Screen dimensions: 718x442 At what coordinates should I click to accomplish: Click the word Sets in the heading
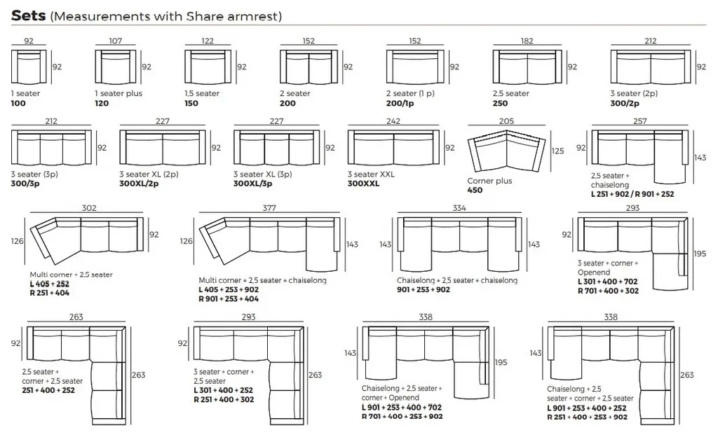click(x=28, y=15)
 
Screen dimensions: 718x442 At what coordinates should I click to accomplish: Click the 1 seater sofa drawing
click(x=29, y=67)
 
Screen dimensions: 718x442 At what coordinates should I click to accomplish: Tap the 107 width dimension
click(x=116, y=41)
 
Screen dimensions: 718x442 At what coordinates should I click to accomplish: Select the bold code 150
click(x=191, y=103)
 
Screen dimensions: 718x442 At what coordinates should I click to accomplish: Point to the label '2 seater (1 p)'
click(x=410, y=93)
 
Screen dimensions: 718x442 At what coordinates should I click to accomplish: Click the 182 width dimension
click(x=527, y=41)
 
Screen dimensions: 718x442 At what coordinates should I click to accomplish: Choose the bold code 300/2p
click(x=625, y=103)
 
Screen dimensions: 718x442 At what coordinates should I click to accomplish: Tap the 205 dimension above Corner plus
click(x=506, y=121)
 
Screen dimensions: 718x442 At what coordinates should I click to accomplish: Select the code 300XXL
click(x=364, y=184)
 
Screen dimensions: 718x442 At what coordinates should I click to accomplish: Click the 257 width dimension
click(x=639, y=121)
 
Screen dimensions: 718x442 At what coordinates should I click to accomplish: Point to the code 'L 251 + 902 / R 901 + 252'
click(x=632, y=194)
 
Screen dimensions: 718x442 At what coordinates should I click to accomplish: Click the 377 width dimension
click(x=269, y=208)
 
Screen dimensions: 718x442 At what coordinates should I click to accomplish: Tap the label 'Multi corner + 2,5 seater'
click(x=71, y=275)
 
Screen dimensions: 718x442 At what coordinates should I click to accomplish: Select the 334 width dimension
click(x=459, y=208)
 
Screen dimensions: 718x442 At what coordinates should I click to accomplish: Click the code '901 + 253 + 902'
click(x=424, y=289)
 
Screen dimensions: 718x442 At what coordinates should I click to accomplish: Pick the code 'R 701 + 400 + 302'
click(x=608, y=291)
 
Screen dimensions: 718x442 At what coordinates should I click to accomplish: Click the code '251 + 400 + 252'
click(x=48, y=390)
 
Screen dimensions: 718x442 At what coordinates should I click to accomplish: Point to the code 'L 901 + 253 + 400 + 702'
click(x=402, y=407)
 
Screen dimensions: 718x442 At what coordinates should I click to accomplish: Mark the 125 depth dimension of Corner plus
click(x=557, y=151)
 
